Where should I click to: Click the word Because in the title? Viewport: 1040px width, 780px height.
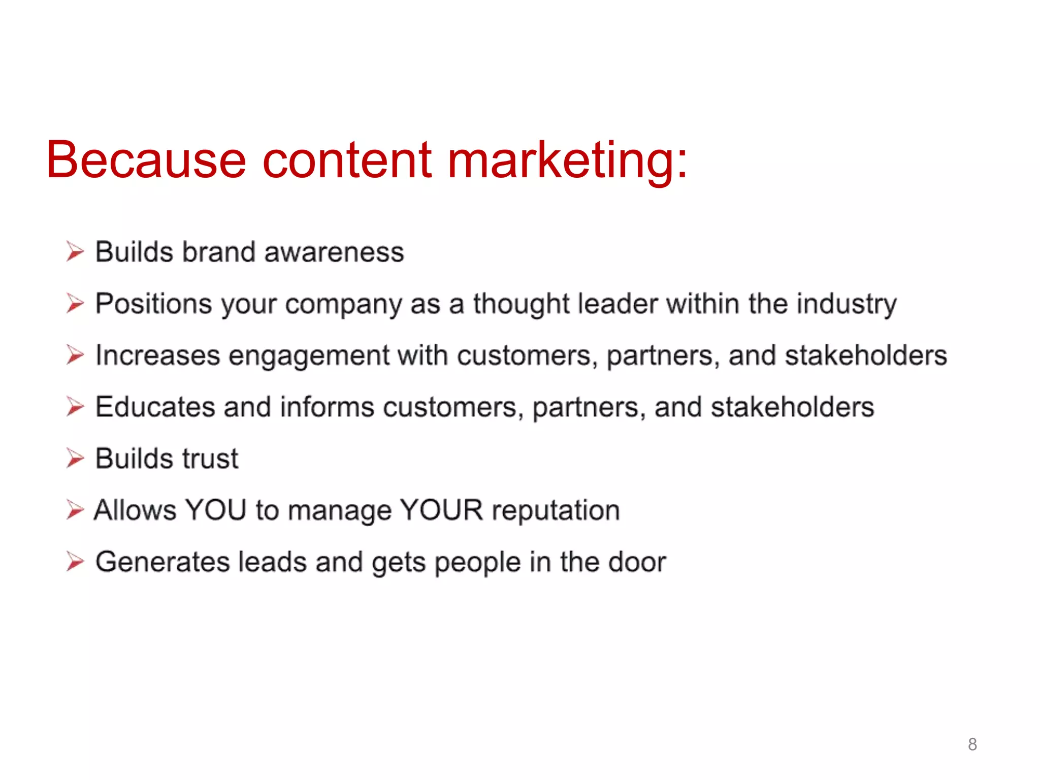pos(146,160)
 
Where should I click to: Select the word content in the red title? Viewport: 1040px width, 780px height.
pos(347,160)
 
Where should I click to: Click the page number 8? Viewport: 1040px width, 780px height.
pos(972,744)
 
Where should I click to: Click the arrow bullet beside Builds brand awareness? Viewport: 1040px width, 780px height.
pos(75,252)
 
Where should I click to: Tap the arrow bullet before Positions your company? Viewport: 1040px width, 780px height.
pos(75,304)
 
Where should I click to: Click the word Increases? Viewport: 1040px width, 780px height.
pos(158,355)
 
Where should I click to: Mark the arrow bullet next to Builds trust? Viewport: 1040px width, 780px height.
pos(75,459)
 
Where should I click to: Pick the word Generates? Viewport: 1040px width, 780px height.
pos(162,563)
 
